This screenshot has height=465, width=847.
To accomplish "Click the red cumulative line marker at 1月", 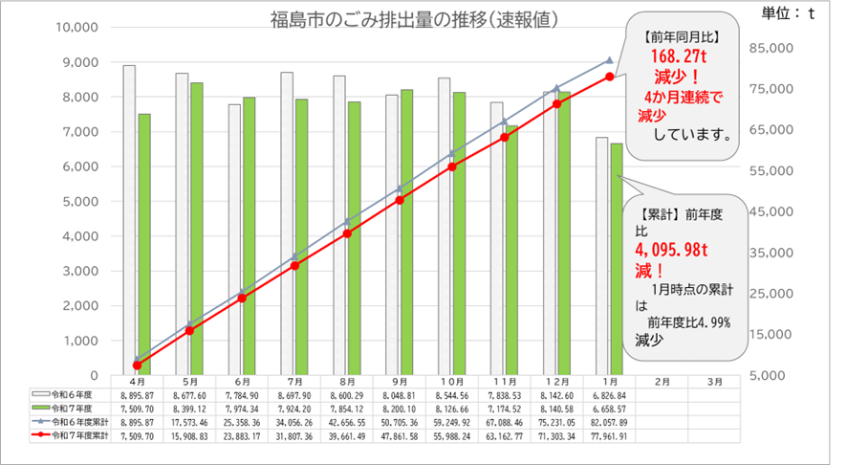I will coord(609,77).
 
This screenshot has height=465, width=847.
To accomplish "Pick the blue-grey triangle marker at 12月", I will coord(556,88).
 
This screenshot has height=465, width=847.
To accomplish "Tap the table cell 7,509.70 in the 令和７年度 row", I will coord(138,408).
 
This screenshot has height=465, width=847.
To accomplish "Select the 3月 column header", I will coord(714,380).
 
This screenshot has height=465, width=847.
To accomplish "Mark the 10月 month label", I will coord(452,380).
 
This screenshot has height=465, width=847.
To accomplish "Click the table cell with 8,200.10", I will coord(400,408).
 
